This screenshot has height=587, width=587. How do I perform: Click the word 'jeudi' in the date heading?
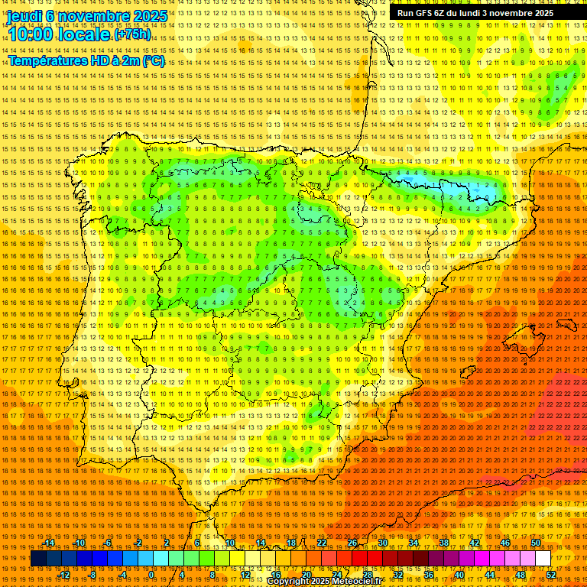tap(24, 16)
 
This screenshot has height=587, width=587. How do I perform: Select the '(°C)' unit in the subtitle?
tap(153, 60)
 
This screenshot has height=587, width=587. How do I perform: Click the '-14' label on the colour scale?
tap(50, 543)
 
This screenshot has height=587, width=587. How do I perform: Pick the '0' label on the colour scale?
tap(151, 575)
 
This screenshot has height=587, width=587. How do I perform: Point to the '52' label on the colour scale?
tap(551, 575)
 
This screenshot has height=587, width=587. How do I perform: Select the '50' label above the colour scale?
tap(536, 543)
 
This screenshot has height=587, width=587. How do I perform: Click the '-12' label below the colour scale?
tap(65, 575)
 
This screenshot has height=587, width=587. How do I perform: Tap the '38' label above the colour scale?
tap(444, 543)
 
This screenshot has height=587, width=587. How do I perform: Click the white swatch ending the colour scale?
tap(543, 559)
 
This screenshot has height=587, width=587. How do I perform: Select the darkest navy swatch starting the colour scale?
tap(38, 559)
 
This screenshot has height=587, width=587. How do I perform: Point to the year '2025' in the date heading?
tap(149, 16)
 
